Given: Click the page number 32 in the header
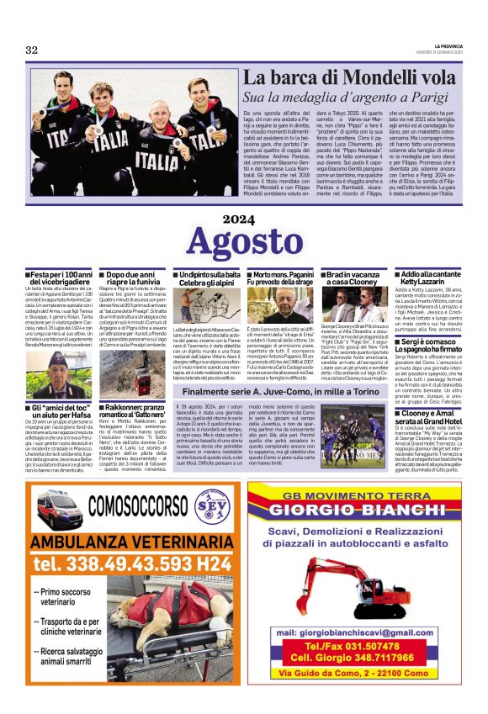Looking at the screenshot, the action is click(x=32, y=50).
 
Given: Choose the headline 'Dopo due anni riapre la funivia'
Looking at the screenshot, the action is click(x=134, y=279).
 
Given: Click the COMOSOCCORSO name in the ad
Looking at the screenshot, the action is click(x=136, y=505).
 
